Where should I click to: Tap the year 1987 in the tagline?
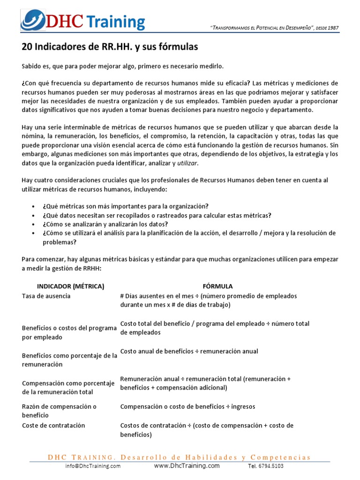click(x=333, y=28)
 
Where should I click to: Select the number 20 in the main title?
click(x=27, y=47)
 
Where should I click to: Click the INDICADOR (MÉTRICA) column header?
click(x=70, y=286)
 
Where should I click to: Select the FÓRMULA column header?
click(x=217, y=286)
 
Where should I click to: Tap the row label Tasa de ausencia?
click(x=46, y=296)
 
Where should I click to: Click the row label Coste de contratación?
click(x=53, y=425)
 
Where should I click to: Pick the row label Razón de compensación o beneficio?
click(x=59, y=411)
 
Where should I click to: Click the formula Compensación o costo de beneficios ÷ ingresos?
click(x=187, y=406)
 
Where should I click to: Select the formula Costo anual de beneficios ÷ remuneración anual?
click(x=189, y=351)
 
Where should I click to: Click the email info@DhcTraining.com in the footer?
click(x=93, y=466)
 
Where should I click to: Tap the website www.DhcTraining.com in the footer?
click(x=187, y=465)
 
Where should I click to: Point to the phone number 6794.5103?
click(x=272, y=466)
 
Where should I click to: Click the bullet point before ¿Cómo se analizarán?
click(x=33, y=225)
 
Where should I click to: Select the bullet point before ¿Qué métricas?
click(x=33, y=206)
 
